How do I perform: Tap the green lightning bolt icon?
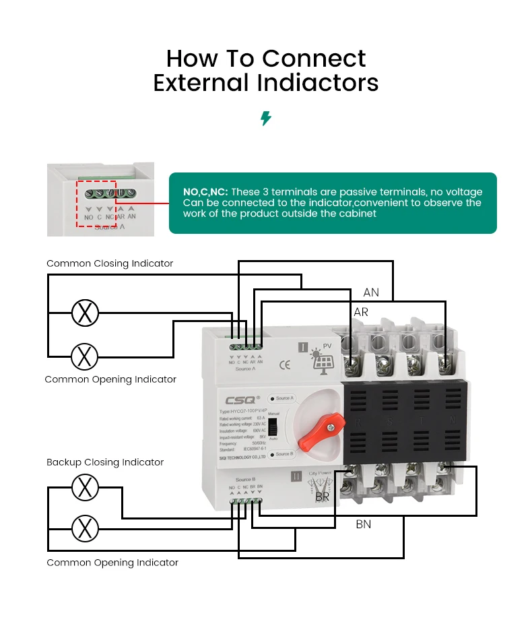pos(266,119)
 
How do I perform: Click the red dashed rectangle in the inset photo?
pos(96,203)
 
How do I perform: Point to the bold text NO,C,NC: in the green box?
pos(205,192)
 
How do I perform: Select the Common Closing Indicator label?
pos(110,263)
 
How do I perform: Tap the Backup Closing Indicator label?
pos(105,462)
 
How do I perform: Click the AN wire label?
pos(371,292)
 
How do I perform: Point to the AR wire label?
pos(361,313)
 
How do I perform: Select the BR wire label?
pos(323,497)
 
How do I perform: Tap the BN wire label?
pos(363,524)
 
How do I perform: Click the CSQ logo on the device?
pos(235,398)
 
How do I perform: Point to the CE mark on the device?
pos(285,366)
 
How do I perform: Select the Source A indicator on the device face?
pos(282,398)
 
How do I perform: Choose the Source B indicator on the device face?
pos(282,454)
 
